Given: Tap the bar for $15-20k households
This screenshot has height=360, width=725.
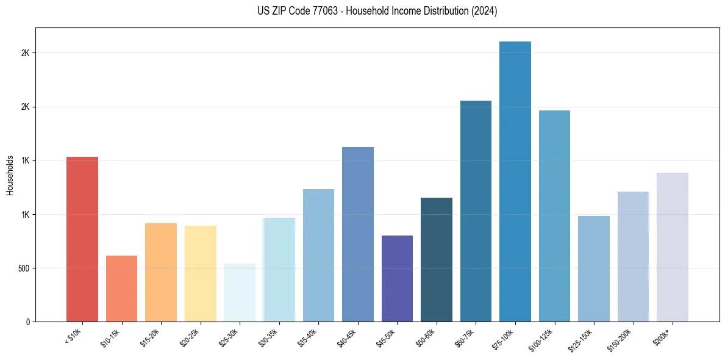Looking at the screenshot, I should point(161,273).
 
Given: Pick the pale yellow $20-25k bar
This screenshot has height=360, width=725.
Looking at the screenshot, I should point(200,274).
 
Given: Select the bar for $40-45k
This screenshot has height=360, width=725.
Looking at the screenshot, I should point(358,234).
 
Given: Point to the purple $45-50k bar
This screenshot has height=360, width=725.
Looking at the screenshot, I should point(397,279).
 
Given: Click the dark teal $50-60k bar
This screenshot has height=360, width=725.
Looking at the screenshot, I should point(437,260).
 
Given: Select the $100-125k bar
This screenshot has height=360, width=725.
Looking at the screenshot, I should point(554,216).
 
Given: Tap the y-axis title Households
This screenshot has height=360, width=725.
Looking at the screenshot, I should point(10,175).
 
